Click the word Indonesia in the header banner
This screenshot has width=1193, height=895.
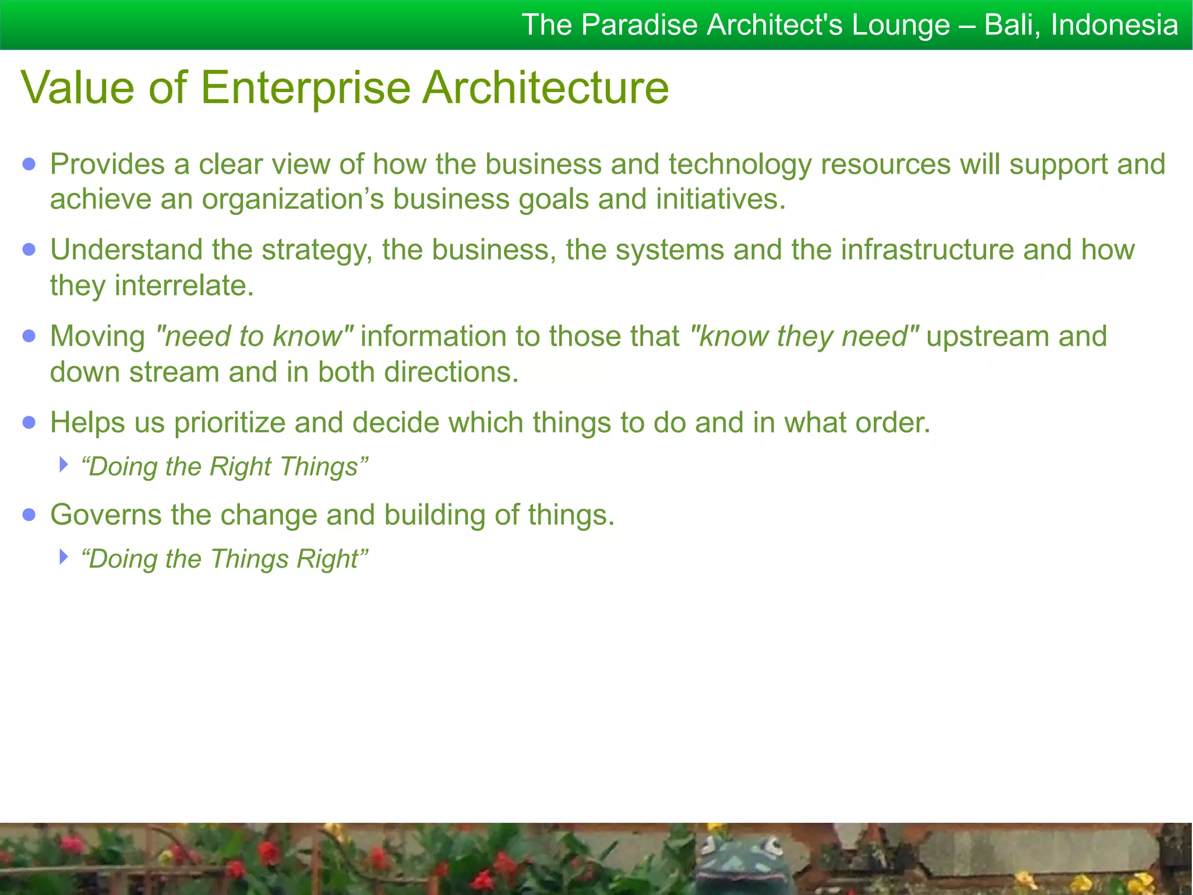[x=1114, y=26]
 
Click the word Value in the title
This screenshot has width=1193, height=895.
[x=78, y=87]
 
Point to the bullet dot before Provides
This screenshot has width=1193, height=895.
[x=29, y=164]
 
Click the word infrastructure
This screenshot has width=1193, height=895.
[x=927, y=251]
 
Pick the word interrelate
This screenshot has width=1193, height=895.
[x=184, y=286]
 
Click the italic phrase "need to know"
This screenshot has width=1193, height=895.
[x=254, y=337]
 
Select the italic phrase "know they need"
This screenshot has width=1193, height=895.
[x=804, y=337]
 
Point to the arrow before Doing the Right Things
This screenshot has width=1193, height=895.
[x=63, y=465]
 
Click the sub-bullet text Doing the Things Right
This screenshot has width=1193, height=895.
[x=225, y=559]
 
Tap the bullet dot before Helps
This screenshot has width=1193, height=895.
[x=29, y=422]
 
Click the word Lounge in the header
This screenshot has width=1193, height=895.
[x=900, y=26]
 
